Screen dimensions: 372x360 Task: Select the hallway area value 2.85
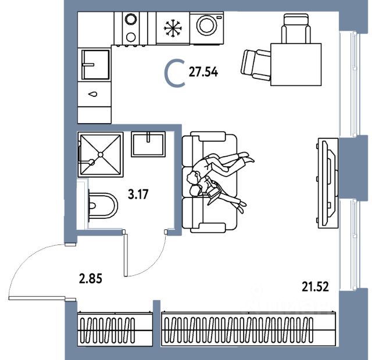point(90,278)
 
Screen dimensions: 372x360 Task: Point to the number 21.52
point(316,285)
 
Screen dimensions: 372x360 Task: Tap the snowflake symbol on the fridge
point(171,27)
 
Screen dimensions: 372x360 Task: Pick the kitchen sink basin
point(95,64)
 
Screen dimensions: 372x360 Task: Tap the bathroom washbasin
point(150,144)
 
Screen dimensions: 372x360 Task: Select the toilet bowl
point(103,204)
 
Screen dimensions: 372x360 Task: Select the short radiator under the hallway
point(115,330)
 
